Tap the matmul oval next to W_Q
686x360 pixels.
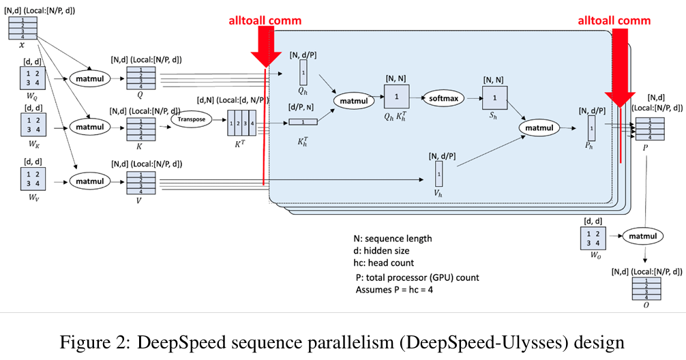(89, 79)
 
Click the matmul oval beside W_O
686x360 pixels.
(642, 236)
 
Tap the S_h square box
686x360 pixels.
(496, 98)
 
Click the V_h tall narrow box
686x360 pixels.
(438, 173)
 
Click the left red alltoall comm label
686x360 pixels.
(265, 20)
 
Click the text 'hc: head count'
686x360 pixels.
(383, 262)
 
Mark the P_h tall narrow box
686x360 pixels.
(591, 128)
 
